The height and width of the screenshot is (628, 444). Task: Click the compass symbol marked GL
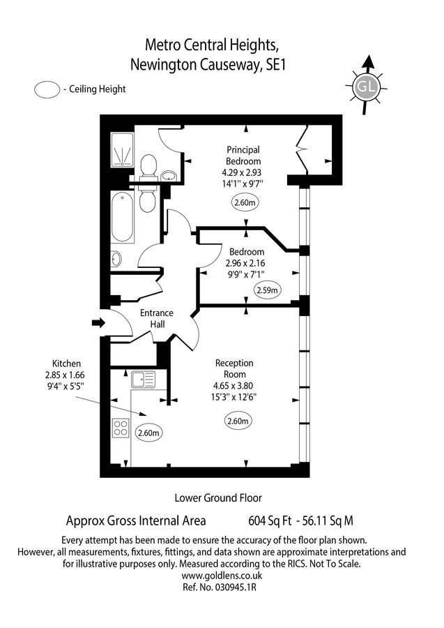pyautogui.click(x=366, y=87)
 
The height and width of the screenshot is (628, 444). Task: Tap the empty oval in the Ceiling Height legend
pyautogui.click(x=47, y=89)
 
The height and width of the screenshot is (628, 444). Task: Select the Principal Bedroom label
pyautogui.click(x=243, y=156)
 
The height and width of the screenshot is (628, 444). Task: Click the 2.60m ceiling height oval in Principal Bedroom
pyautogui.click(x=245, y=203)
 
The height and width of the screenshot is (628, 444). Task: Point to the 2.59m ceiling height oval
pyautogui.click(x=266, y=290)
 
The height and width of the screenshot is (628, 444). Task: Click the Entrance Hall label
pyautogui.click(x=156, y=320)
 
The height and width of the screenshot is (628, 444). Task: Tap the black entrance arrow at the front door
pyautogui.click(x=98, y=322)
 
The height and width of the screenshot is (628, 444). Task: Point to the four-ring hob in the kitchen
pyautogui.click(x=121, y=426)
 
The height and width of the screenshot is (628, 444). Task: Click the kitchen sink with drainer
pyautogui.click(x=143, y=380)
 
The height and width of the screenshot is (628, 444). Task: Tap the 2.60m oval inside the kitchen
pyautogui.click(x=149, y=433)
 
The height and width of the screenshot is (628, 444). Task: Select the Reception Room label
pyautogui.click(x=234, y=368)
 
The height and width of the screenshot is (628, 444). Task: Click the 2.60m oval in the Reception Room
pyautogui.click(x=238, y=421)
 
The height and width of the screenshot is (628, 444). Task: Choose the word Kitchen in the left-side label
pyautogui.click(x=67, y=364)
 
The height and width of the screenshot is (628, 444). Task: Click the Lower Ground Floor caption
pyautogui.click(x=218, y=498)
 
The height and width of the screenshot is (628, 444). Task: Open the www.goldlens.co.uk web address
pyautogui.click(x=222, y=576)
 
